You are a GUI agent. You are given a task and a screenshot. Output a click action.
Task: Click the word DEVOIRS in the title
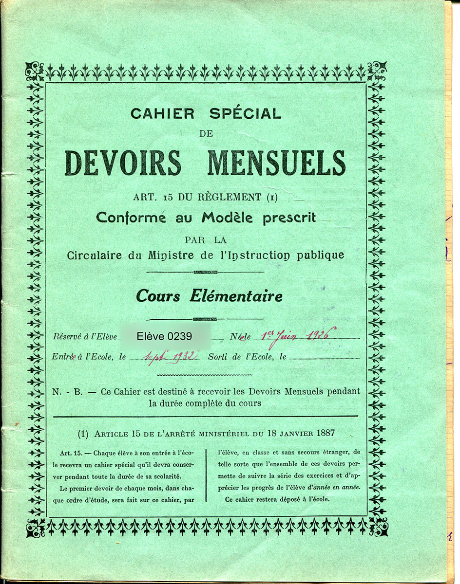(x=123, y=163)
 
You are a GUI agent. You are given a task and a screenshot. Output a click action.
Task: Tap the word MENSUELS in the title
(x=276, y=163)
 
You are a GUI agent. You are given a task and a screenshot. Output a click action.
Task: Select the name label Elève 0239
(x=164, y=336)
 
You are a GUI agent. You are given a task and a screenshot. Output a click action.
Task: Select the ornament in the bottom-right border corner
(x=378, y=528)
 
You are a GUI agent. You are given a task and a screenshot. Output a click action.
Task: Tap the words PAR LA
(x=206, y=239)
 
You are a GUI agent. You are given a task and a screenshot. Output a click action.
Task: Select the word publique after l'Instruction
(x=320, y=255)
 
